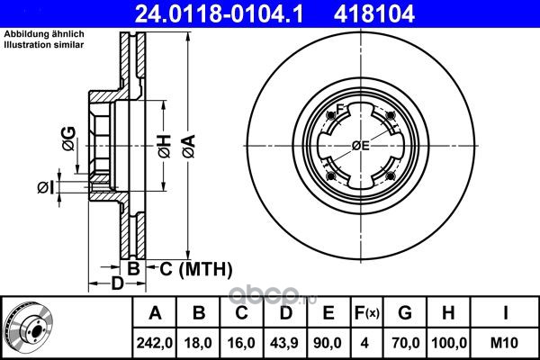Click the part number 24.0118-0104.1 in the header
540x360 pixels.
coord(219,13)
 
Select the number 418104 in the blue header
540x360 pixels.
coord(374,13)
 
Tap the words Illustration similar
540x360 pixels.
coord(44,45)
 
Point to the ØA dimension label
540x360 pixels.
coord(189,146)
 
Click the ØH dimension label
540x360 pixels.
coord(165,146)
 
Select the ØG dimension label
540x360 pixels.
coord(69,139)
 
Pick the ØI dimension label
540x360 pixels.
coord(46,188)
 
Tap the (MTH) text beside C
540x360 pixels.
coord(205,269)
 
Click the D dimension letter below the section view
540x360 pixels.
coord(117,283)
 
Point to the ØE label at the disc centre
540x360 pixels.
coord(361,146)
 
